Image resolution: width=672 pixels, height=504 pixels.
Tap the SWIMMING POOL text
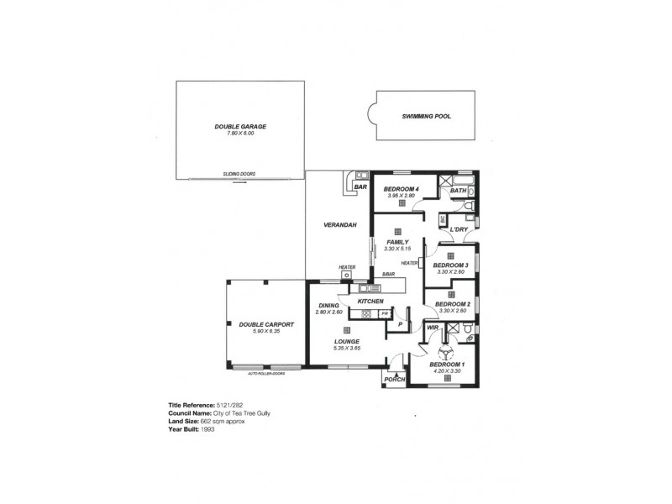click(426, 117)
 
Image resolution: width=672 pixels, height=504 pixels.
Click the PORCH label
click(394, 380)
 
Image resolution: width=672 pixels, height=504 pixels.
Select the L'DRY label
click(459, 229)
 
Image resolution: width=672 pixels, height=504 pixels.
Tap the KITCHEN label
click(370, 301)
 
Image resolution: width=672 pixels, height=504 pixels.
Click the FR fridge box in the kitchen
click(385, 314)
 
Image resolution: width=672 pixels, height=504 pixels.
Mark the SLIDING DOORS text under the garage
click(239, 174)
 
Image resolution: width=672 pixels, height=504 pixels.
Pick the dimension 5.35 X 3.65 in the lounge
click(347, 349)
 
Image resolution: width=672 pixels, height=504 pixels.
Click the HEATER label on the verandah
click(347, 268)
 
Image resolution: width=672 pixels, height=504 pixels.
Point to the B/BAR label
click(388, 275)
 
